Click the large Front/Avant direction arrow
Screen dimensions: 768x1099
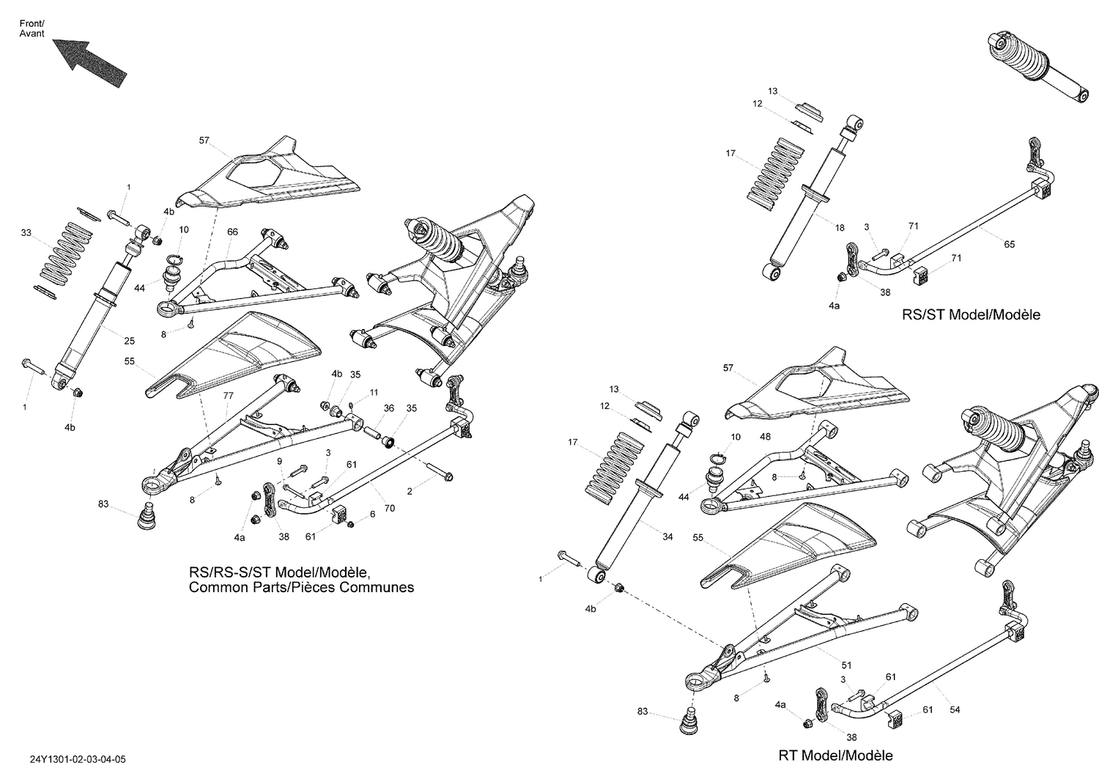pos(89,63)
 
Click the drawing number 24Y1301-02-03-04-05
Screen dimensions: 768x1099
pos(73,761)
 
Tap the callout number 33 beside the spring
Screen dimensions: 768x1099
pos(26,233)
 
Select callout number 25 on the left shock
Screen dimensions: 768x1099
pos(129,341)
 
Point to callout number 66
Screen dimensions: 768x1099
pos(232,232)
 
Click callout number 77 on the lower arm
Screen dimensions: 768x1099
pos(228,395)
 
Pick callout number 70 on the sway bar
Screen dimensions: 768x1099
pos(389,508)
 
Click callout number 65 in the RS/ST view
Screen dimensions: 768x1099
pos(1009,244)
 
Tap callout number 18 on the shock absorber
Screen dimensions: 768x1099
pos(840,228)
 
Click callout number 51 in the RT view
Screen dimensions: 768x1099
pos(846,665)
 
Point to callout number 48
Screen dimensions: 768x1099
pos(765,436)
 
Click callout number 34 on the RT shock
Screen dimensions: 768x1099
pos(667,537)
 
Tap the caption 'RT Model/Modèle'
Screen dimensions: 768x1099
pos(835,755)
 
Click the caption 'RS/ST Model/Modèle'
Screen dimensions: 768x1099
pos(971,314)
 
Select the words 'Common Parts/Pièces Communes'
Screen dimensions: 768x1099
pos(301,587)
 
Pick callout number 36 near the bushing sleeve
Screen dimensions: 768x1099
pos(389,409)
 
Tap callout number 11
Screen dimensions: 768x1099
pos(374,392)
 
